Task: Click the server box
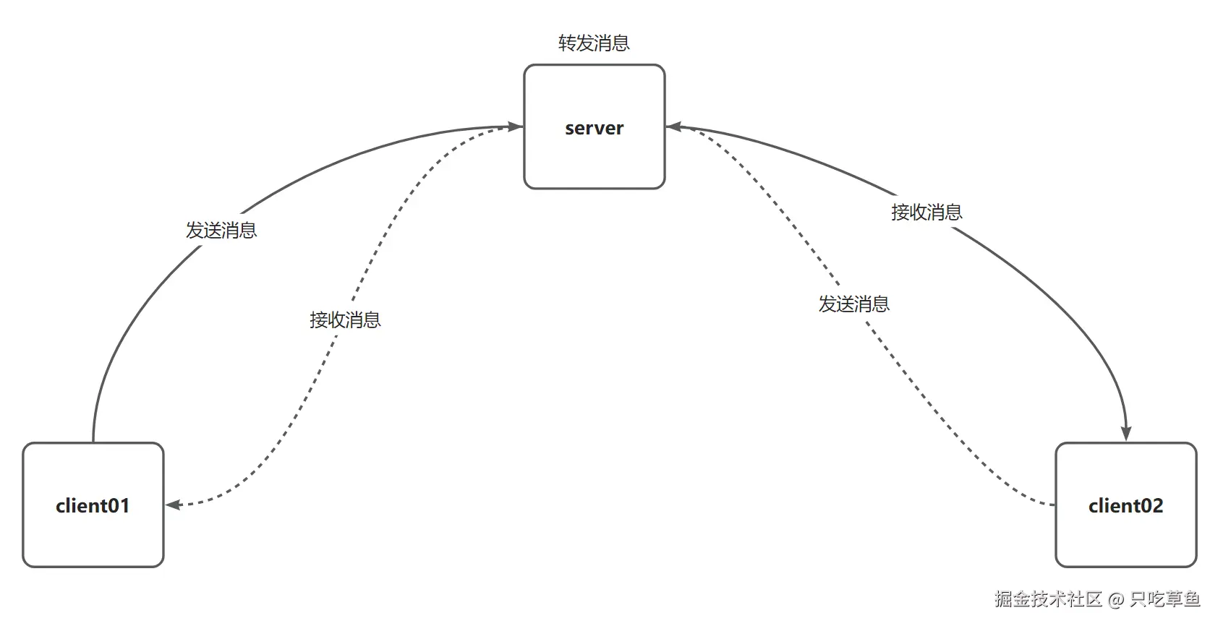(x=594, y=159)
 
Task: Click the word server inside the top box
(x=594, y=128)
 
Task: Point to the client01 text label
(x=93, y=505)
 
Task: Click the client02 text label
(x=1125, y=505)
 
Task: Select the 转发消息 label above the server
(x=594, y=43)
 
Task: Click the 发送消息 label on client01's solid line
(x=221, y=231)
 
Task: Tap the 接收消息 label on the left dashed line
(x=345, y=320)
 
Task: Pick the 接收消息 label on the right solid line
(x=927, y=213)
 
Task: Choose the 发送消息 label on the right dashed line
(x=853, y=304)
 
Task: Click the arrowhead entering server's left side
(x=515, y=127)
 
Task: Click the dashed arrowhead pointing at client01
(x=174, y=505)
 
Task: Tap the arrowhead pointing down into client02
(x=1126, y=433)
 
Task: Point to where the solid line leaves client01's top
(x=93, y=440)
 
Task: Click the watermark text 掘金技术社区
(x=1047, y=599)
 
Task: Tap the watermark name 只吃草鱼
(x=1164, y=599)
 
